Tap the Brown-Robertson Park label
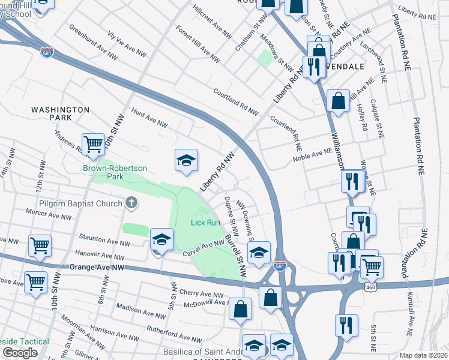115,172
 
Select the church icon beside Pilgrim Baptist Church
131,203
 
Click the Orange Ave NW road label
97,267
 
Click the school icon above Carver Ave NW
161,239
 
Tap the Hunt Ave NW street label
149,118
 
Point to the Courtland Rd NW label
236,103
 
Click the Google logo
20,353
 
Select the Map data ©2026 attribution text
423,355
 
